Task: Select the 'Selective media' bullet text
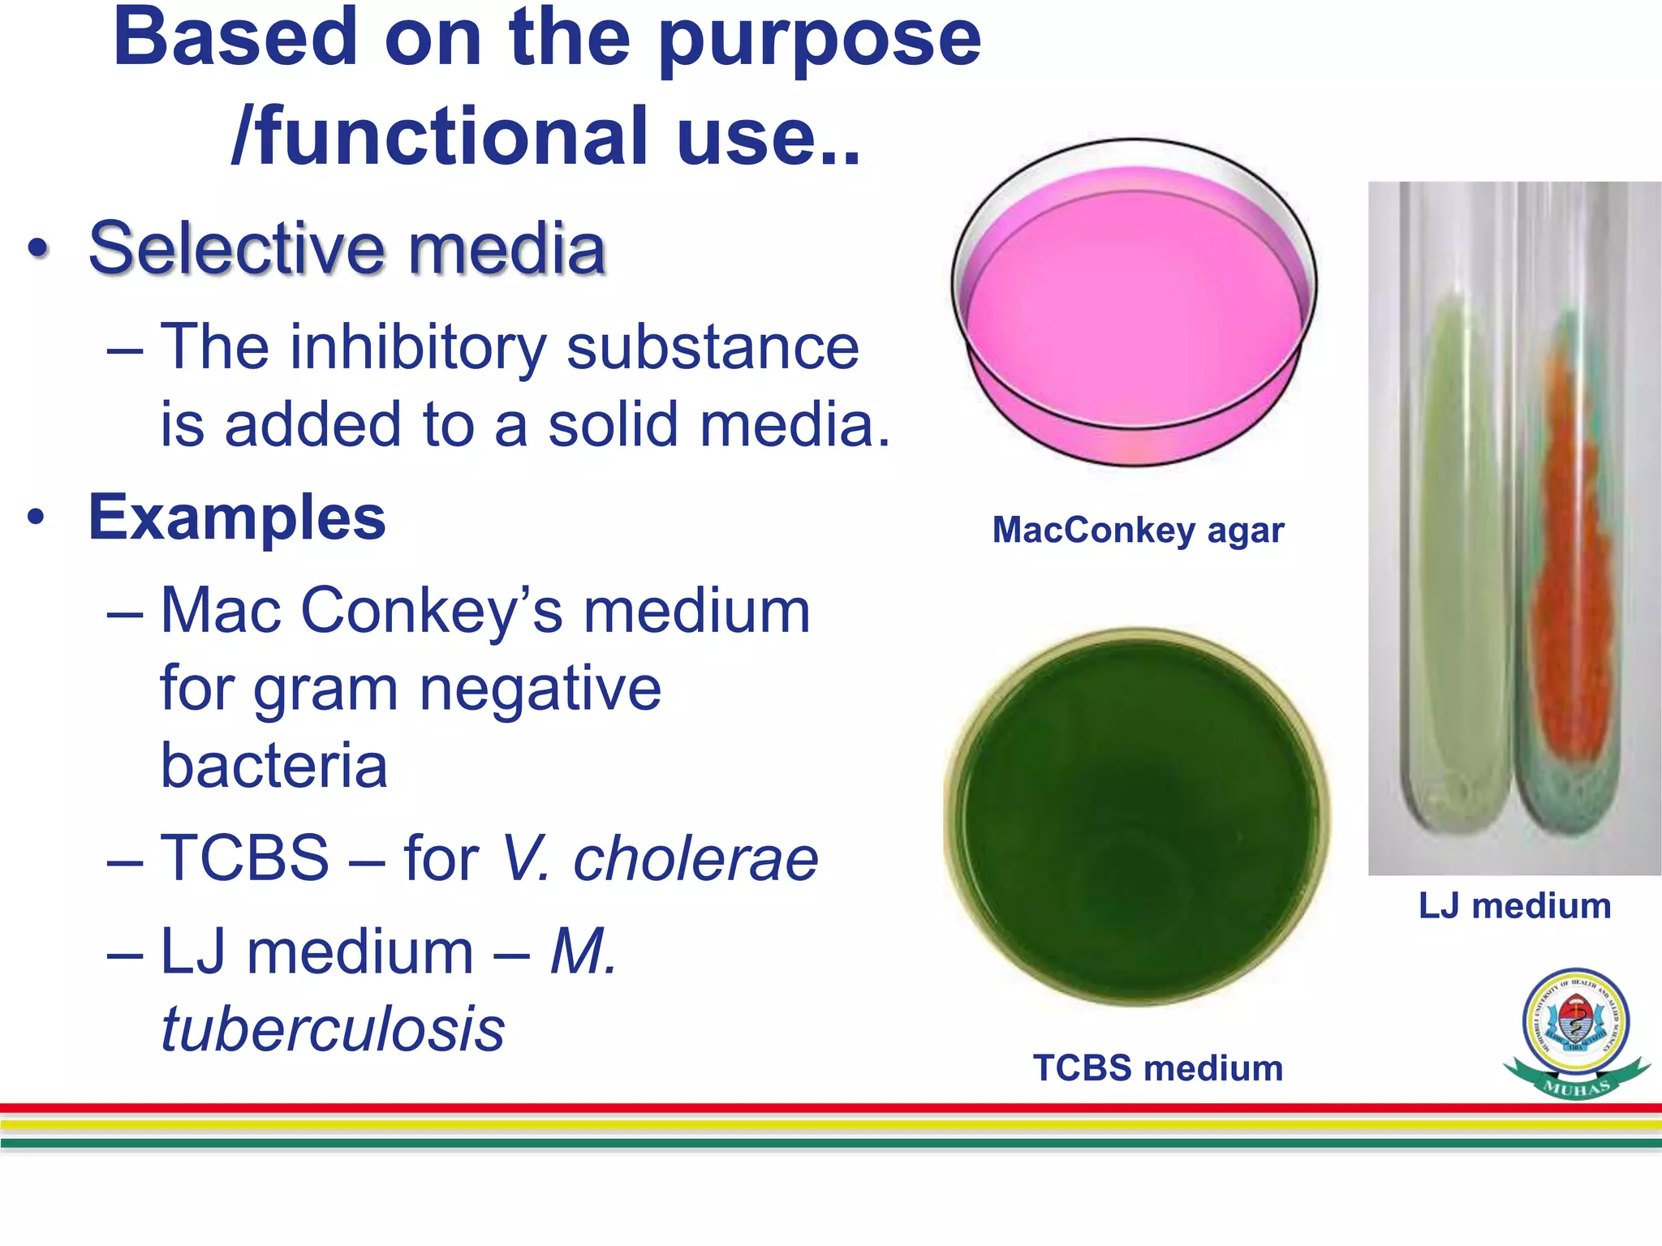pyautogui.click(x=347, y=248)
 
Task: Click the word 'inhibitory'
pyautogui.click(x=418, y=348)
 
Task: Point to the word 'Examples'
pyautogui.click(x=236, y=518)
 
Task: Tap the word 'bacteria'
pyautogui.click(x=273, y=765)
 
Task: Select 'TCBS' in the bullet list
pyautogui.click(x=244, y=858)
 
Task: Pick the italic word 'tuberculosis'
pyautogui.click(x=333, y=1029)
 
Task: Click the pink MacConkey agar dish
pyautogui.click(x=1134, y=316)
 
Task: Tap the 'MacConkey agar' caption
pyautogui.click(x=1138, y=531)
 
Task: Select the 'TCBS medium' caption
pyautogui.click(x=1157, y=1068)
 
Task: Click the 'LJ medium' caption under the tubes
pyautogui.click(x=1514, y=906)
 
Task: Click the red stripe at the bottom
pyautogui.click(x=831, y=1108)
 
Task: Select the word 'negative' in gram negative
pyautogui.click(x=540, y=688)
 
